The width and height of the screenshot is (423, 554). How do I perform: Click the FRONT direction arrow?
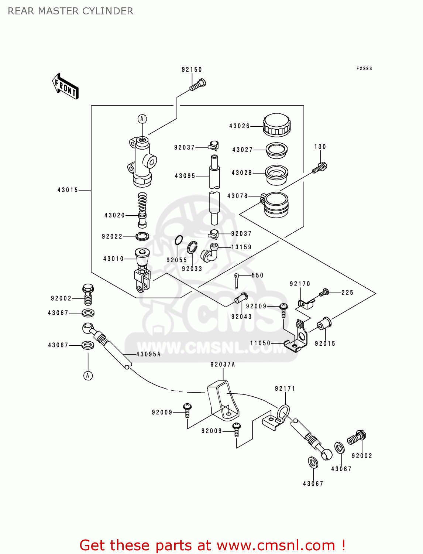click(x=65, y=86)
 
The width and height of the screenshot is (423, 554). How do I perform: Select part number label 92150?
click(x=192, y=69)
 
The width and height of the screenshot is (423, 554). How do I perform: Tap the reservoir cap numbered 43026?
click(x=276, y=124)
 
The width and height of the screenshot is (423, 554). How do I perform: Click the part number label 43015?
click(x=68, y=190)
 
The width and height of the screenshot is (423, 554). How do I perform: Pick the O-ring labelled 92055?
click(x=179, y=240)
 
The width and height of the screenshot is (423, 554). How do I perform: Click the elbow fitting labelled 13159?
click(x=210, y=252)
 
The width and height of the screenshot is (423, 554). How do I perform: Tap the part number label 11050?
click(x=260, y=343)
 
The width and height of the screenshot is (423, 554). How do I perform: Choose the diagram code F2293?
click(x=364, y=68)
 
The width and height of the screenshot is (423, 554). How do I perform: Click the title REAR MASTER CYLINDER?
click(x=70, y=11)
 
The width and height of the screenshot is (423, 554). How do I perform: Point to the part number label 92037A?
click(x=223, y=365)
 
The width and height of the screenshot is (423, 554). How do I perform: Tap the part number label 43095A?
click(x=148, y=354)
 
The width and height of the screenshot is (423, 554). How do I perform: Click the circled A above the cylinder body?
click(x=142, y=119)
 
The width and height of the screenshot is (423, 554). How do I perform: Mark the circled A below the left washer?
click(x=88, y=376)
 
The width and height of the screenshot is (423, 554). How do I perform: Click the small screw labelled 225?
click(x=324, y=293)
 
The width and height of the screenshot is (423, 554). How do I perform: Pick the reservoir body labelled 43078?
click(x=276, y=205)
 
